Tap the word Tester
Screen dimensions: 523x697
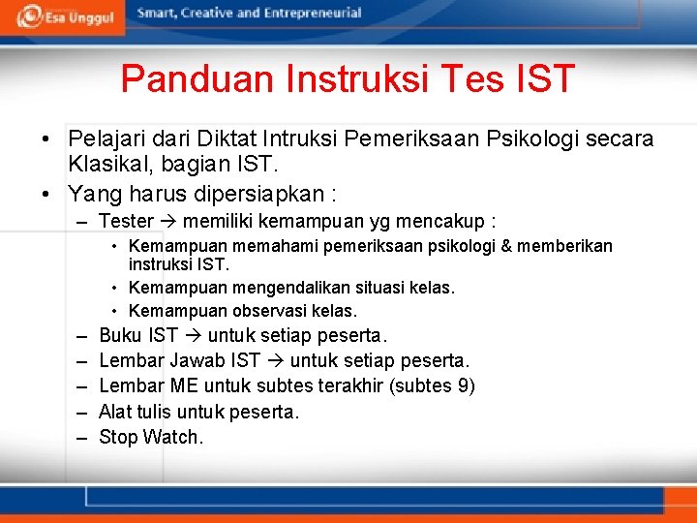click(126, 222)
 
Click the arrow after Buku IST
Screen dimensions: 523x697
click(193, 336)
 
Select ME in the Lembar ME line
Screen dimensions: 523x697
click(183, 386)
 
